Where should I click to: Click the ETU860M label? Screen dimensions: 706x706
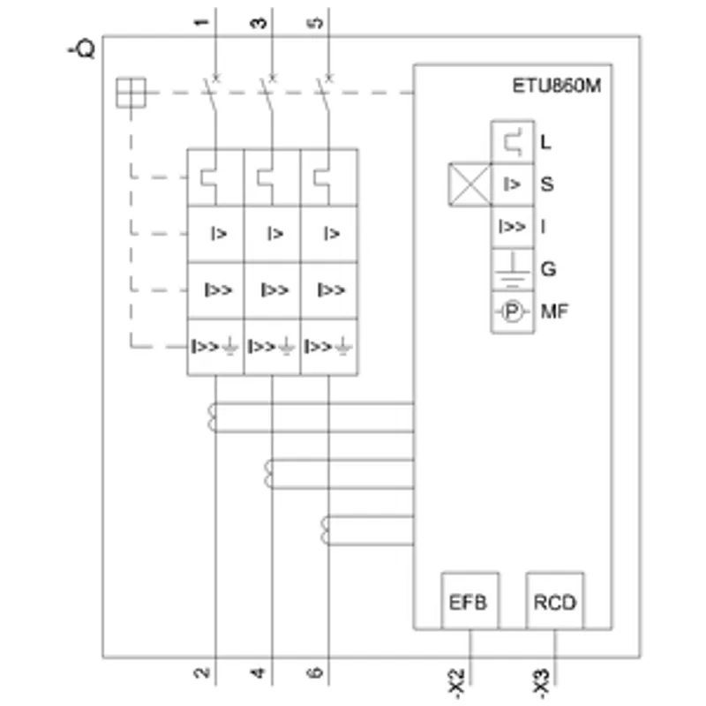(x=557, y=86)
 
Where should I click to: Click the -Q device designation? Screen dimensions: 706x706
(x=81, y=49)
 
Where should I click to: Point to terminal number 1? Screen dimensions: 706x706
(x=201, y=23)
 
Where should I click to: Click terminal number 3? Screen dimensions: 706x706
(x=258, y=23)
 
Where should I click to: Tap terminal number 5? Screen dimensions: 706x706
(x=317, y=23)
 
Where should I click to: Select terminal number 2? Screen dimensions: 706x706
(x=202, y=672)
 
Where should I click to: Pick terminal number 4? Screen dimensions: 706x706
(x=258, y=672)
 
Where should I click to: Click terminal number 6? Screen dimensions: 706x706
(x=315, y=672)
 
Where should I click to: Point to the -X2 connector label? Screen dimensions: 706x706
(x=456, y=683)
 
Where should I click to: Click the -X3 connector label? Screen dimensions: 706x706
(x=542, y=683)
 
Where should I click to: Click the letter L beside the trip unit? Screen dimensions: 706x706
(x=545, y=142)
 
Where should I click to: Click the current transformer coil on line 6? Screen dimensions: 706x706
(x=325, y=530)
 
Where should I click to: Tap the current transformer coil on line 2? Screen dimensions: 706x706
(x=212, y=417)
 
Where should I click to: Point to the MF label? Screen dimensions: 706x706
(x=554, y=312)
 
